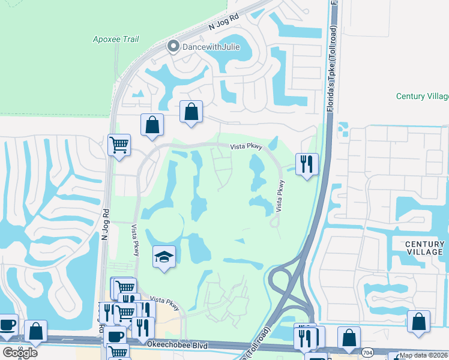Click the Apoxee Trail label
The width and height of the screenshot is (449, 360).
point(116,39)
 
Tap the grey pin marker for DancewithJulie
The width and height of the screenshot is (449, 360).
point(174,46)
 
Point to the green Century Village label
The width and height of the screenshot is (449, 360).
point(423,96)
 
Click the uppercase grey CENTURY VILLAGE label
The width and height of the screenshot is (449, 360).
point(424,248)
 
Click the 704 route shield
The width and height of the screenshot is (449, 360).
point(367,353)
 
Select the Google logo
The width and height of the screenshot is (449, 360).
point(20,352)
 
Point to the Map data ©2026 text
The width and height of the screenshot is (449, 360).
point(423,355)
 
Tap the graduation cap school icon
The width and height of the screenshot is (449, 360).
point(164,257)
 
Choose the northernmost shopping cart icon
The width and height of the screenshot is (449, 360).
point(119,144)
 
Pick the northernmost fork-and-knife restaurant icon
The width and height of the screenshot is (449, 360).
point(307,163)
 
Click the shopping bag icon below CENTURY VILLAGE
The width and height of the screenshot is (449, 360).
point(418,321)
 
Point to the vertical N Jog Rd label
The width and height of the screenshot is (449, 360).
point(104,224)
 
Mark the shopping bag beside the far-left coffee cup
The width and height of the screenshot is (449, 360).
point(35,331)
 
